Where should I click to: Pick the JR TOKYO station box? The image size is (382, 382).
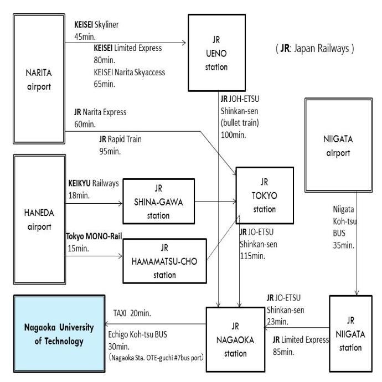tap(264, 195)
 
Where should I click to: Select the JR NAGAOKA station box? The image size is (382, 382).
tap(236, 338)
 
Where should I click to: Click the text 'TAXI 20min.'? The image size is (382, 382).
tap(131, 313)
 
